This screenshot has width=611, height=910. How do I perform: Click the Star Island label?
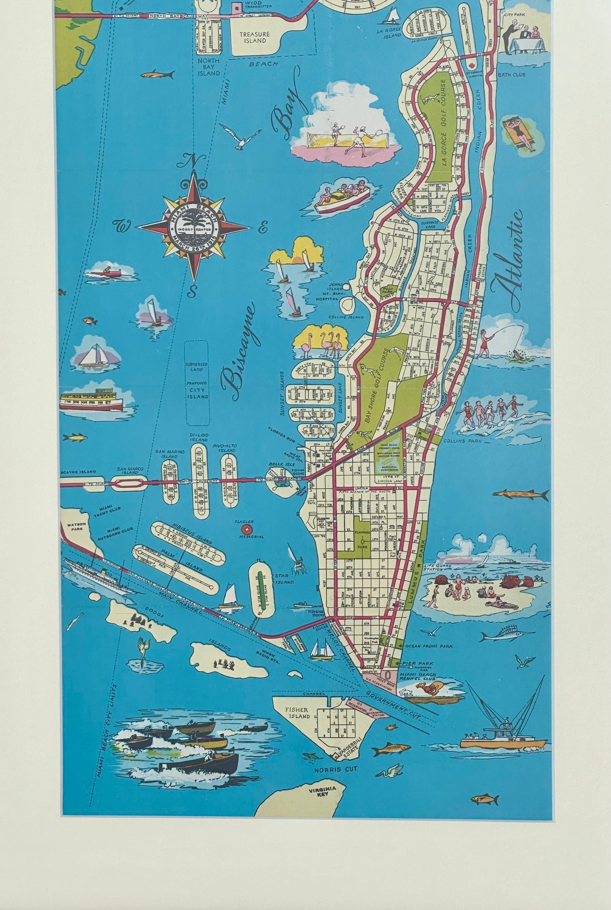pos(285,579)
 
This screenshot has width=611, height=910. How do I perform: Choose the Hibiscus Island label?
pos(186,531)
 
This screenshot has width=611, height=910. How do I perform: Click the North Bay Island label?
pos(208,67)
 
